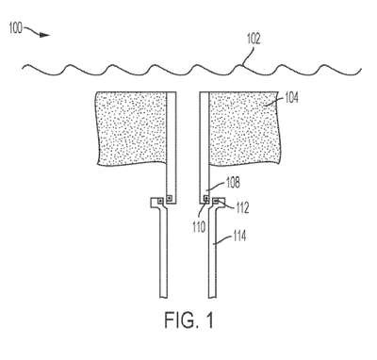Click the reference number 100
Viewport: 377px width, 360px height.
coord(15,28)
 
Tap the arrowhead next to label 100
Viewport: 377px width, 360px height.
coord(45,35)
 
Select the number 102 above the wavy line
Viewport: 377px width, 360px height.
coord(254,39)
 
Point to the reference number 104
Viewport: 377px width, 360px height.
coord(291,98)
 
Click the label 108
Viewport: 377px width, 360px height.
coord(233,183)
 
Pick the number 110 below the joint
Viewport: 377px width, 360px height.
coord(199,227)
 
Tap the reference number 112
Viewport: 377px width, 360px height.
coord(242,207)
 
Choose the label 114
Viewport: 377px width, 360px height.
coord(239,236)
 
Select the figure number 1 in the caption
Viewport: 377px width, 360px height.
coord(209,319)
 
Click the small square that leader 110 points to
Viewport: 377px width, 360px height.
coord(206,198)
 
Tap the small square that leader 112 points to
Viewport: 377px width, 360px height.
coord(216,200)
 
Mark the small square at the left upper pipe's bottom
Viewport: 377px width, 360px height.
coord(170,198)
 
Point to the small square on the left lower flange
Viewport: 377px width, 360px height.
coord(160,201)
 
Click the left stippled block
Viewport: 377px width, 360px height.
coord(131,128)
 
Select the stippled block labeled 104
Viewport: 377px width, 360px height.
coord(244,128)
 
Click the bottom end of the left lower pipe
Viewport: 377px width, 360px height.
coord(164,297)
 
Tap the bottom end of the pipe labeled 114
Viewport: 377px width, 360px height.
coord(212,297)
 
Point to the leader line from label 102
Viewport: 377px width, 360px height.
coord(248,56)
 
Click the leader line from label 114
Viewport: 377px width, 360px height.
coord(222,240)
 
